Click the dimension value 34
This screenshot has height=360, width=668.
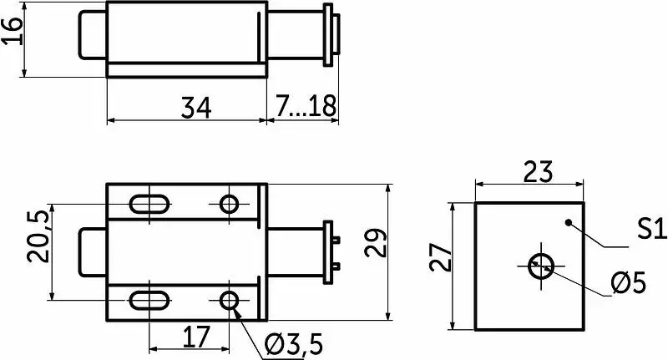pyautogui.click(x=196, y=108)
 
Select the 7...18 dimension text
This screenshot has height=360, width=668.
pyautogui.click(x=306, y=106)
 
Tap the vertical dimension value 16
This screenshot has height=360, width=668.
pyautogui.click(x=13, y=30)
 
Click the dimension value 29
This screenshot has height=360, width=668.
pyautogui.click(x=375, y=243)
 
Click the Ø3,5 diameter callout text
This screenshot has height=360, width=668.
pyautogui.click(x=294, y=345)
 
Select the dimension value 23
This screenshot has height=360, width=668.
pyautogui.click(x=538, y=171)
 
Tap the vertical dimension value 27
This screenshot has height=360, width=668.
pyautogui.click(x=440, y=257)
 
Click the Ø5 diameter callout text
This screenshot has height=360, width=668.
pyautogui.click(x=629, y=283)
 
